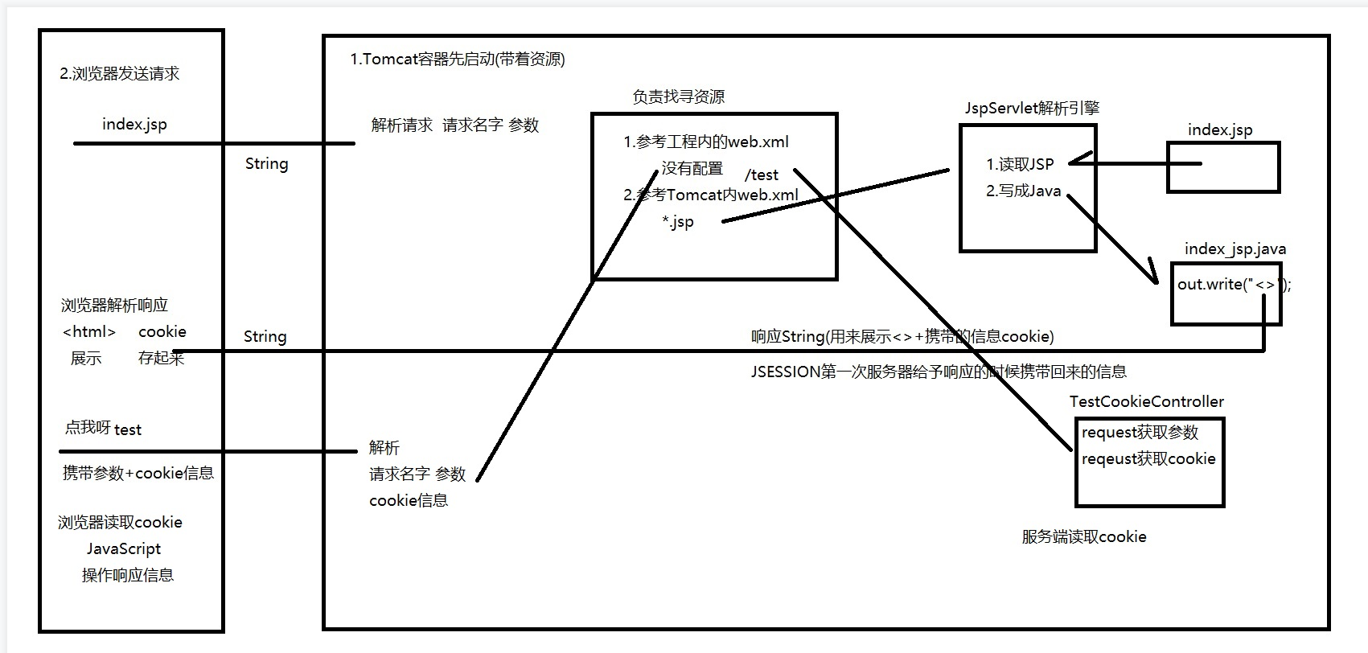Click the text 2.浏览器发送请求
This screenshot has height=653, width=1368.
[x=120, y=74]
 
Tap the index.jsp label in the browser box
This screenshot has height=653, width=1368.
[x=134, y=125]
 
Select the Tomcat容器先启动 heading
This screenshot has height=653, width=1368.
[x=458, y=60]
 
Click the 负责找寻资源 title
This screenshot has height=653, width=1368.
[x=678, y=97]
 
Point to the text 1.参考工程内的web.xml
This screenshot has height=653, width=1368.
[x=705, y=142]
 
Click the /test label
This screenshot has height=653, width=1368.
[x=762, y=175]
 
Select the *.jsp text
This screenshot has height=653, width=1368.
[x=678, y=222]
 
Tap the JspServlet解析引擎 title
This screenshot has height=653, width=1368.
[x=1032, y=109]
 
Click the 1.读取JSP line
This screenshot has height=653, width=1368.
[x=1020, y=165]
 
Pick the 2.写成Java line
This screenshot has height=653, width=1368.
[x=1023, y=191]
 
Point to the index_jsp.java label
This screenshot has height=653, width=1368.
[x=1234, y=249]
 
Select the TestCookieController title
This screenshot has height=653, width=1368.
[x=1146, y=402]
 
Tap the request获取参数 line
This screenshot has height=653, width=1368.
[x=1140, y=433]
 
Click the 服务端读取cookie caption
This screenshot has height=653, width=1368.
[x=1083, y=537]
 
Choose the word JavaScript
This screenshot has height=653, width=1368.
[x=124, y=549]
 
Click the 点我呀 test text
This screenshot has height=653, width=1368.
[x=103, y=429]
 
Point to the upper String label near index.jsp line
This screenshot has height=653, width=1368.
[x=266, y=164]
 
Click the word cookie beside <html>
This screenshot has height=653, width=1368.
[x=162, y=332]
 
